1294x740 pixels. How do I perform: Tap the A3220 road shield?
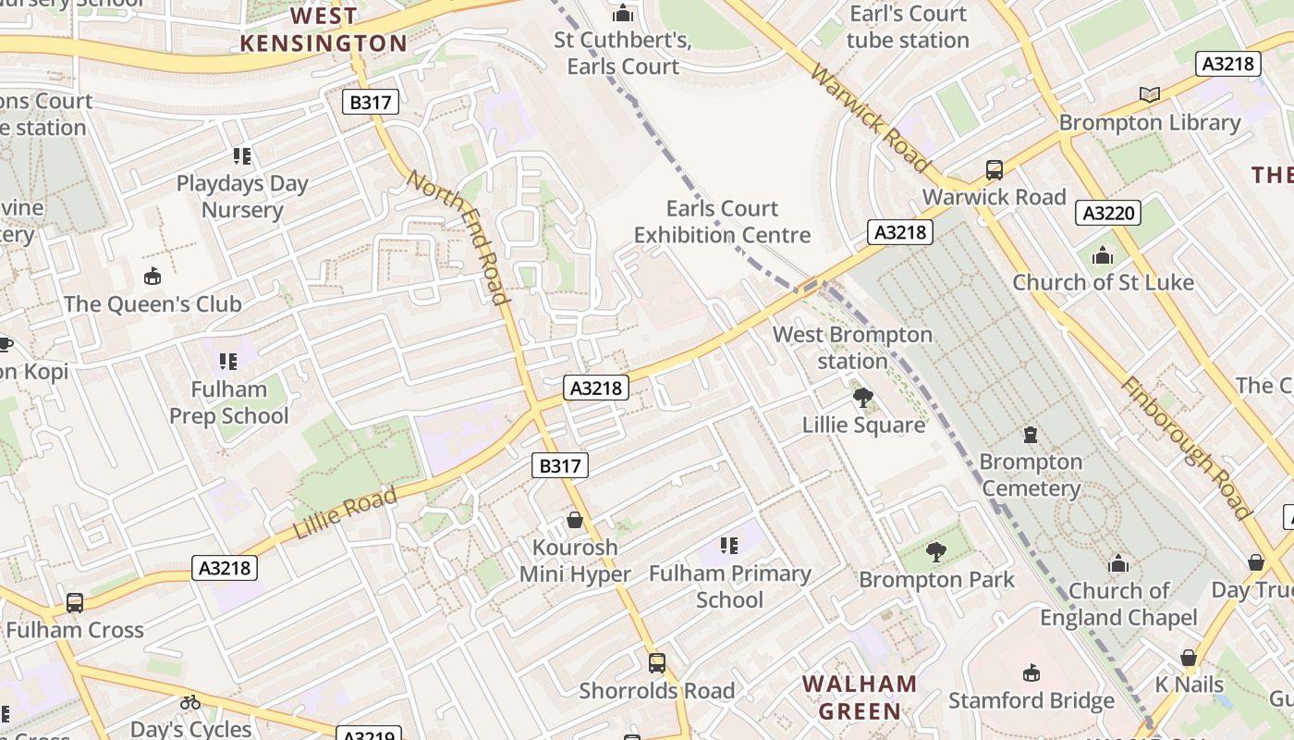point(1108,214)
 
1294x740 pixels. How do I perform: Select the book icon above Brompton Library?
point(1149,94)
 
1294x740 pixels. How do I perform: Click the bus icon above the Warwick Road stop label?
point(994,170)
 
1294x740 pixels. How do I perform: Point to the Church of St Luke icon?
point(1102,255)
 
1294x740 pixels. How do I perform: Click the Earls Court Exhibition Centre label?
point(722,222)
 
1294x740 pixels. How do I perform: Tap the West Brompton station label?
point(852,348)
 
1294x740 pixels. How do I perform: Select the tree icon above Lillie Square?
point(863,398)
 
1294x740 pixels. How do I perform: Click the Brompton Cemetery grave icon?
point(1030,434)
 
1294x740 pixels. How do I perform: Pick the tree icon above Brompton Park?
point(935,552)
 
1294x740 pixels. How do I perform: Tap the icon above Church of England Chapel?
point(1118,563)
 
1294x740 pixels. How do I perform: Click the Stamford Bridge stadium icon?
point(1031,673)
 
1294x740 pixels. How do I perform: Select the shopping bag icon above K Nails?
point(1189,658)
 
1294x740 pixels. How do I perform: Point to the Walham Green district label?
point(860,697)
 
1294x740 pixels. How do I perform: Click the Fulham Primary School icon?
point(729,546)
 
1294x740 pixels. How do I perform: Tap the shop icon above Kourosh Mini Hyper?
point(574,520)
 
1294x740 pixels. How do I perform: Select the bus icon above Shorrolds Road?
point(656,663)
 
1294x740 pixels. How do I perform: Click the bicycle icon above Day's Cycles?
point(190,702)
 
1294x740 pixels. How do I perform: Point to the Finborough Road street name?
point(1186,449)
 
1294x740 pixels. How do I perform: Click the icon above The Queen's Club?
point(153,277)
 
